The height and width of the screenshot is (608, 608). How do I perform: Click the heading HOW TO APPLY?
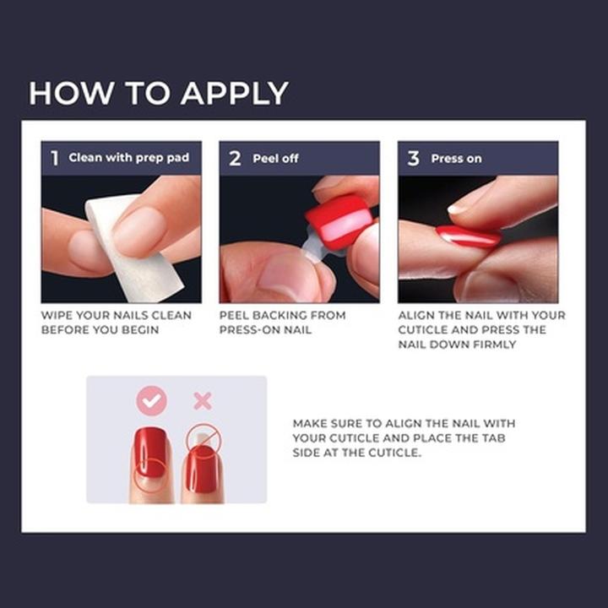(x=158, y=93)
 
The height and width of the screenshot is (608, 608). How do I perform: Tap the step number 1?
(x=54, y=158)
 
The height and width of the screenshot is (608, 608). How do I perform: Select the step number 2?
(x=235, y=158)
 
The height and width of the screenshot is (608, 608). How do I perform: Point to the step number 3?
(x=413, y=158)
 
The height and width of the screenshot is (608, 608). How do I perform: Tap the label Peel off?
(x=275, y=158)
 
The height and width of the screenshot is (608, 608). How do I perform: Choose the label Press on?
(x=456, y=158)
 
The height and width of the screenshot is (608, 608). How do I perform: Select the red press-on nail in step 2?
(x=337, y=221)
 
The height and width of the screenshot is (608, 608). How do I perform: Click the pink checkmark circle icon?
(x=152, y=401)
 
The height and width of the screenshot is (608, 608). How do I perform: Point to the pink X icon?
(x=203, y=401)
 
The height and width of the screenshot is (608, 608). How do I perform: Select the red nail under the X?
(x=204, y=469)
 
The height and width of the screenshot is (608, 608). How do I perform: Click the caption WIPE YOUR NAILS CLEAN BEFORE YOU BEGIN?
(x=116, y=322)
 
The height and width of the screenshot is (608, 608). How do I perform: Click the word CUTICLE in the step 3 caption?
(x=426, y=329)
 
